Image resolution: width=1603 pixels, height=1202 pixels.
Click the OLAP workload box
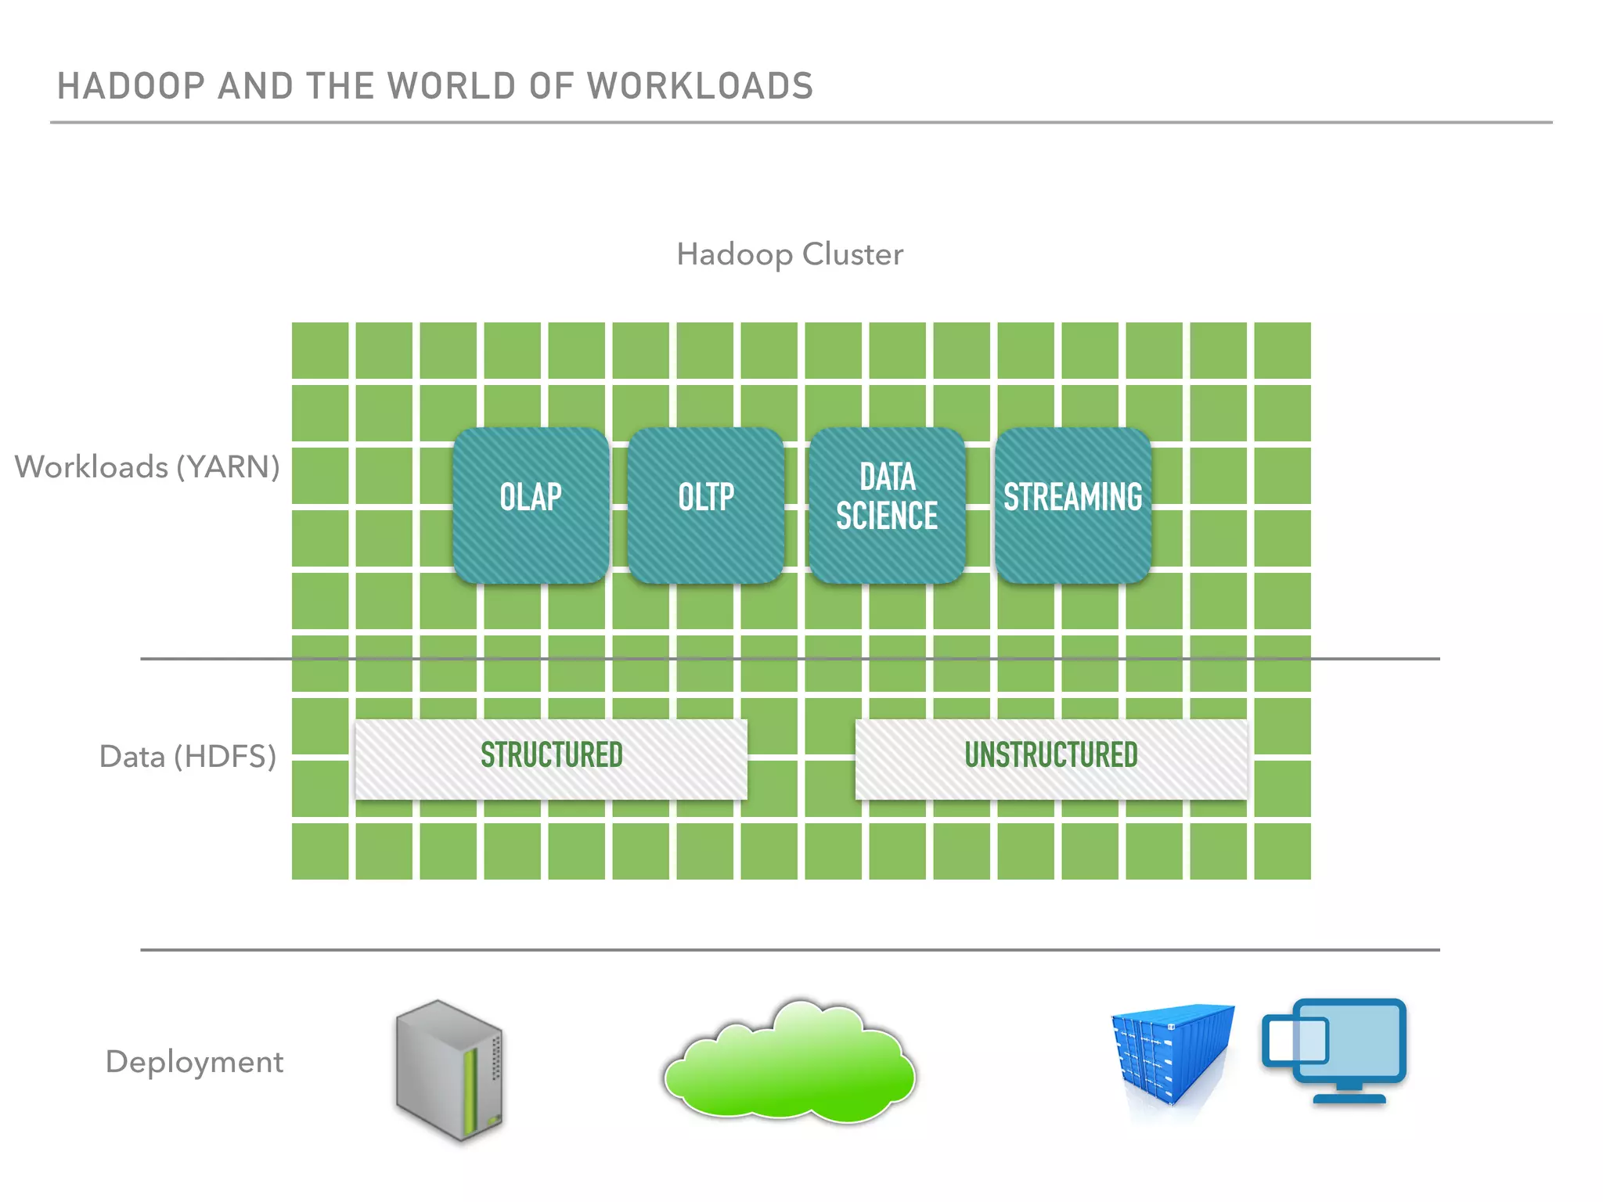(531, 505)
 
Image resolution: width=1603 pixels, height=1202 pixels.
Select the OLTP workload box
(705, 505)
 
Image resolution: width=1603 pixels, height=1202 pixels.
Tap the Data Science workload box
(887, 505)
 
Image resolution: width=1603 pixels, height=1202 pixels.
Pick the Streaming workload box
(1072, 505)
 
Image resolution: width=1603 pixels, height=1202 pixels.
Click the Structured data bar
(551, 758)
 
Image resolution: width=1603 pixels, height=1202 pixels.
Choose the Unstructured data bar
(1050, 758)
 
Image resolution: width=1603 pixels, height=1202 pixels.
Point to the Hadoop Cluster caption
(790, 255)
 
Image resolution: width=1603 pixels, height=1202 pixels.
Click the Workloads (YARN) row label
(147, 467)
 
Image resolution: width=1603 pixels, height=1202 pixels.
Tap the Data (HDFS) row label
(188, 757)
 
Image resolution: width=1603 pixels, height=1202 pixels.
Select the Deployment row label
(194, 1062)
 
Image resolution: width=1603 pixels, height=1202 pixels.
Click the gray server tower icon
(449, 1070)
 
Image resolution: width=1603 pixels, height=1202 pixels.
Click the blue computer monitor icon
(1348, 1049)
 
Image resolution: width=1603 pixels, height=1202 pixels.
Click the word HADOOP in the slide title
(131, 86)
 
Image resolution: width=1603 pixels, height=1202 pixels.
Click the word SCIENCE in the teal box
(887, 516)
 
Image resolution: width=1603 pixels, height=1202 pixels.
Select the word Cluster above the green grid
(852, 255)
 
